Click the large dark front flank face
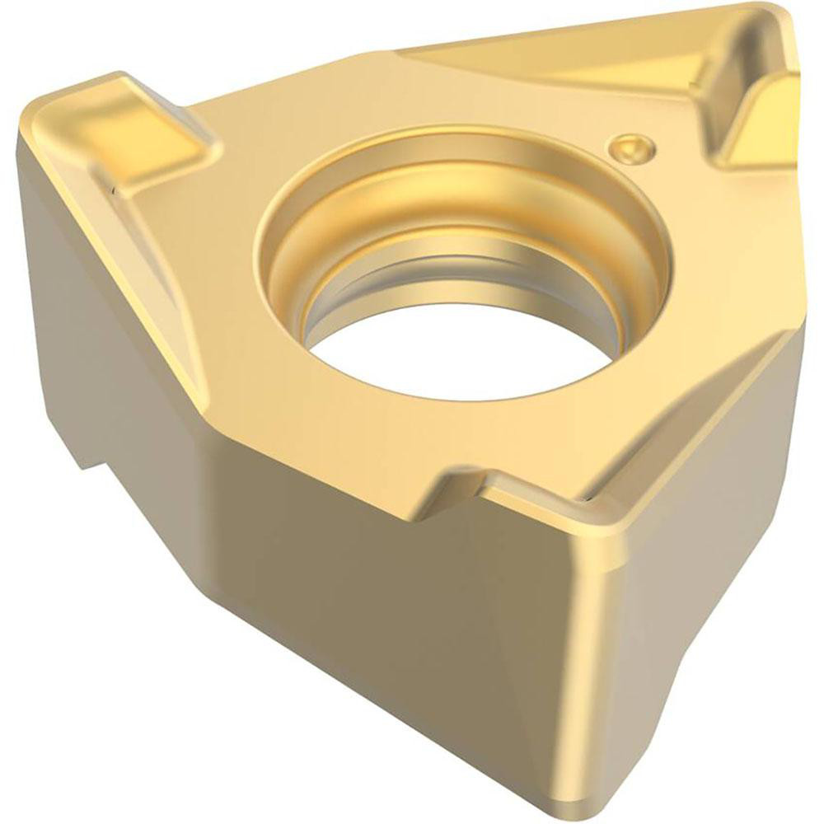click(x=396, y=626)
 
